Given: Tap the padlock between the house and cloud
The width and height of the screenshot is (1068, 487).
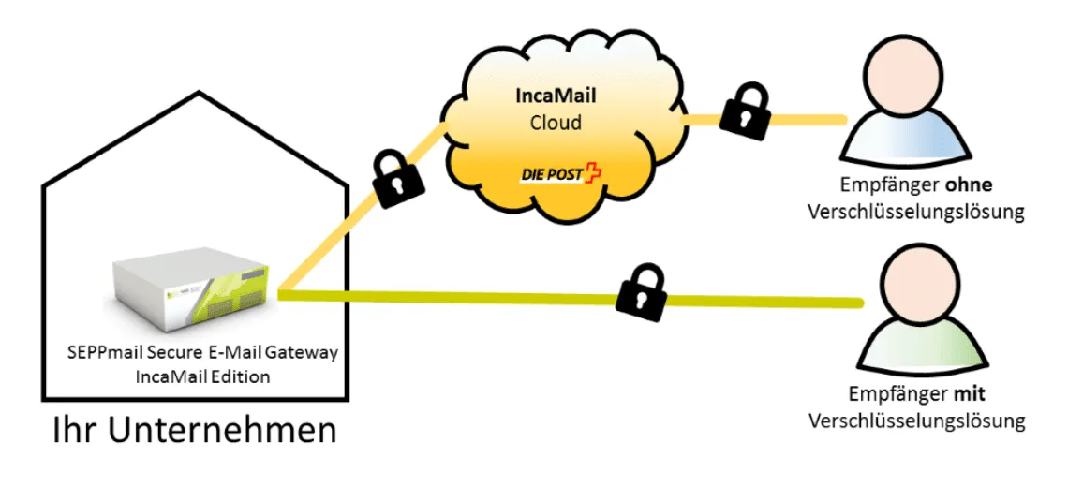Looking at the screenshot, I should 395,179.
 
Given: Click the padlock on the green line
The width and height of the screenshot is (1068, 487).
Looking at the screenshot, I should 640,292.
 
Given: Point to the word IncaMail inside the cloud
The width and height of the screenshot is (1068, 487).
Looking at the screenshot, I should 556,96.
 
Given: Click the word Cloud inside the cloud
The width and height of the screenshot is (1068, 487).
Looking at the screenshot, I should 556,123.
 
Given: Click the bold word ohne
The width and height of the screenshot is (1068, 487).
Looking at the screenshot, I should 968,184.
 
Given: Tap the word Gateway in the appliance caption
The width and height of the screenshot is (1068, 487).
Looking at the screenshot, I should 301,354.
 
